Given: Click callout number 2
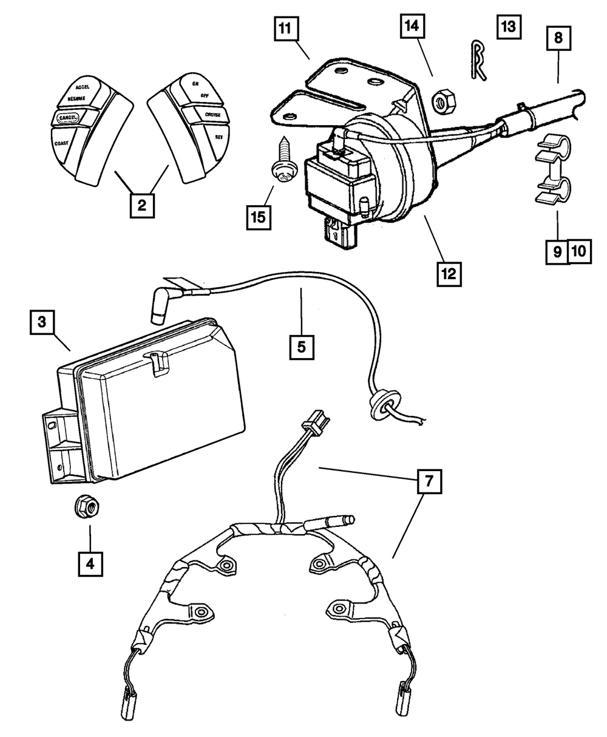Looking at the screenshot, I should (141, 205).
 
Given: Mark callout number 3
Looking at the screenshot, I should (41, 322).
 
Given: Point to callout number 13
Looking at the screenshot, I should (508, 27).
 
